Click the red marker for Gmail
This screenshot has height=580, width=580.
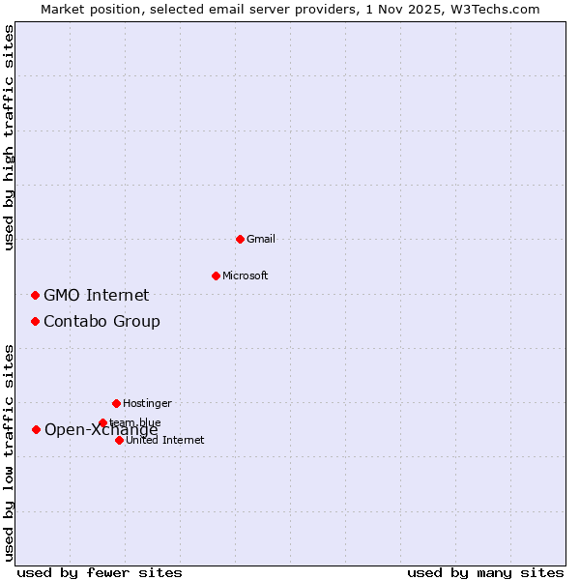tap(240, 239)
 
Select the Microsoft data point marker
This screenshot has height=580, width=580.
tap(216, 275)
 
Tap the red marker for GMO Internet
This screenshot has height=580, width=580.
tap(35, 295)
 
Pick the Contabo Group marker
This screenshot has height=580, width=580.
tap(35, 321)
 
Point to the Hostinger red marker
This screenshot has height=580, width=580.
tap(116, 403)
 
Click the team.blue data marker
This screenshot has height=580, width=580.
tap(102, 422)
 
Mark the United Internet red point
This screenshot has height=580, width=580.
tap(119, 440)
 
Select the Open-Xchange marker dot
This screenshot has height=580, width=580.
tap(36, 429)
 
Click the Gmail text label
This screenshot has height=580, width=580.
tap(261, 239)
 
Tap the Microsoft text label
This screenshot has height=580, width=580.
tap(245, 275)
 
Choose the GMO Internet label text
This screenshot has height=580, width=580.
tap(96, 295)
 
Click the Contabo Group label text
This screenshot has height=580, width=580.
tap(101, 321)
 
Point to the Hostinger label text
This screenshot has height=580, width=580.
tap(147, 403)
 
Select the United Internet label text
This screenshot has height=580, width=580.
tap(164, 440)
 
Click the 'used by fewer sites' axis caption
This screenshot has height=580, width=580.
tap(100, 572)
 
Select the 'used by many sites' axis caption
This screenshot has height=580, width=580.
tap(485, 572)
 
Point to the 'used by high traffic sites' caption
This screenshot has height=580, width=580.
tap(9, 137)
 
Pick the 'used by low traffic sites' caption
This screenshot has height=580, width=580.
tap(9, 451)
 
